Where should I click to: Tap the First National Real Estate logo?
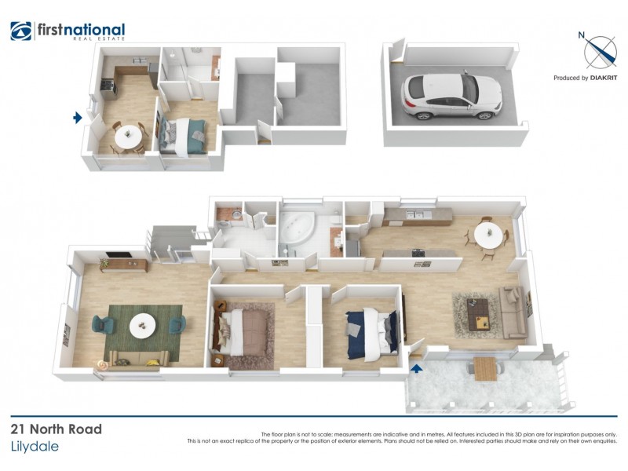[x=68, y=31]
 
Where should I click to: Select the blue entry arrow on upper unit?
[x=77, y=118]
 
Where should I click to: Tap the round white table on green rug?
[x=143, y=323]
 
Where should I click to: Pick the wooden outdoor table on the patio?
[x=484, y=367]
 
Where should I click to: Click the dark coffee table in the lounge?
[x=479, y=313]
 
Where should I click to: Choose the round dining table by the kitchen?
[x=488, y=235]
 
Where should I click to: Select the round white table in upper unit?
[x=126, y=137]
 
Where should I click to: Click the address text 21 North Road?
[x=57, y=429]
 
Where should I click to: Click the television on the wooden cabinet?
[x=118, y=256]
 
